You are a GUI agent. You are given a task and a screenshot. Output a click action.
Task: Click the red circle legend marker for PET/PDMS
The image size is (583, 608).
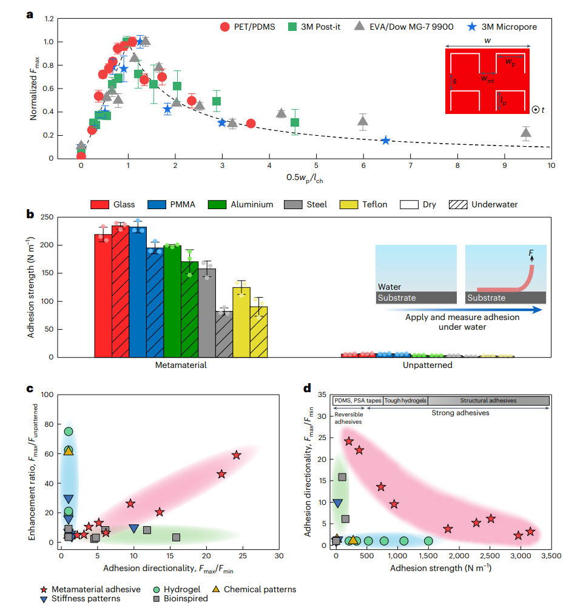click(225, 27)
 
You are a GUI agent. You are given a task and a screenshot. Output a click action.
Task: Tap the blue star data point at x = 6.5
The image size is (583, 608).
click(386, 141)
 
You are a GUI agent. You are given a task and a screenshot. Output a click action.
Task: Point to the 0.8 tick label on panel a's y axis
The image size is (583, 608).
click(66, 65)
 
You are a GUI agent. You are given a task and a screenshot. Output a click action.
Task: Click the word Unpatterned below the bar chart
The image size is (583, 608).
click(427, 366)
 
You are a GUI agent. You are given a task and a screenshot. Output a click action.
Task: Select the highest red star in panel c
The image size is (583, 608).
click(236, 455)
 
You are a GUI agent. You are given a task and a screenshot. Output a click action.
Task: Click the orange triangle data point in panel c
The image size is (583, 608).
click(69, 450)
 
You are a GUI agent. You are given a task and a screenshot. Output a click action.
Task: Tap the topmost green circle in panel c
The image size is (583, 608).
click(69, 432)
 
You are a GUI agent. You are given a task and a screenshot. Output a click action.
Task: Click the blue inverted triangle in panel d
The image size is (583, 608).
click(338, 503)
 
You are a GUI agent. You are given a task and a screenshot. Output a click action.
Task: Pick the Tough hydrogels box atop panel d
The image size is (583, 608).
click(405, 400)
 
